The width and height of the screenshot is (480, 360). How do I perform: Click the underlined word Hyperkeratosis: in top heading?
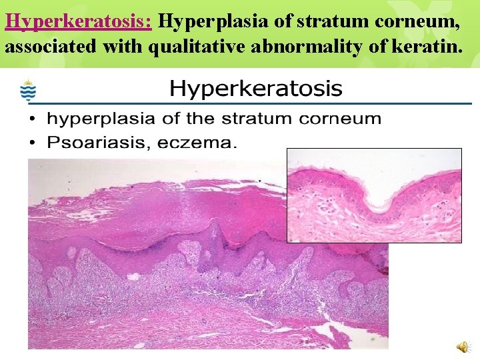pyautogui.click(x=79, y=22)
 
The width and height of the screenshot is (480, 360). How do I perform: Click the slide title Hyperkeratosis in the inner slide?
pyautogui.click(x=256, y=88)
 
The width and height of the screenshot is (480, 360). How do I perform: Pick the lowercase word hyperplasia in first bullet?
pyautogui.click(x=91, y=119)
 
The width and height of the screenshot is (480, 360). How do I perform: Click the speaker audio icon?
pyautogui.click(x=462, y=345)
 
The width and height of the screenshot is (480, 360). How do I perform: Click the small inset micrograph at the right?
pyautogui.click(x=374, y=195)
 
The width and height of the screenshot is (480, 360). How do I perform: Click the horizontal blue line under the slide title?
pyautogui.click(x=253, y=104)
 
